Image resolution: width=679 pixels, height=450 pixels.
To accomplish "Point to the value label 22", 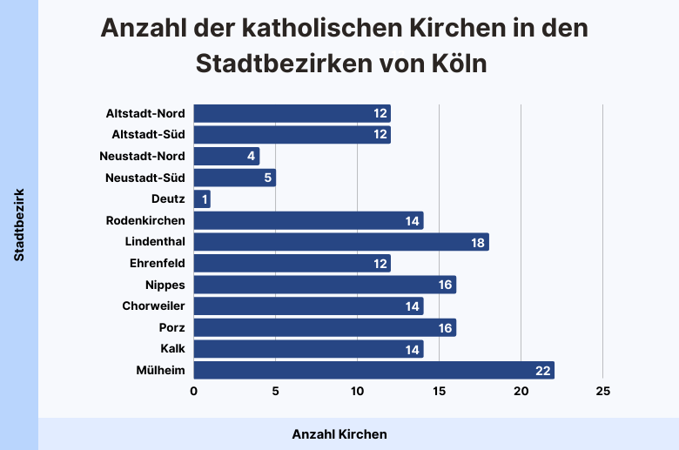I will click(x=543, y=371).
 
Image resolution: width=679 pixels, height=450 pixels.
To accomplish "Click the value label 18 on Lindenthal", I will click(x=478, y=242).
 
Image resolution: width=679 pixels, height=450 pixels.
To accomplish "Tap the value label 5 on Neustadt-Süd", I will click(x=268, y=178).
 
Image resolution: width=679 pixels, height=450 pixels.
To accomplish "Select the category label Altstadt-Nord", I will click(x=145, y=113).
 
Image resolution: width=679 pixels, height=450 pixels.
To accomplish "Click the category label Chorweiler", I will click(x=154, y=306).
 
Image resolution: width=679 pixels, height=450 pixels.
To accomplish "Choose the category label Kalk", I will click(x=172, y=349).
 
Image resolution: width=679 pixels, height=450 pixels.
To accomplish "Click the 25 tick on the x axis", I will click(x=602, y=392).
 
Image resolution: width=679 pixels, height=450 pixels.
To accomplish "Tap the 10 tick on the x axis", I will click(x=357, y=392).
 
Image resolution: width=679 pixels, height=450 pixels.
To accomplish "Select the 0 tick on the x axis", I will click(x=194, y=392).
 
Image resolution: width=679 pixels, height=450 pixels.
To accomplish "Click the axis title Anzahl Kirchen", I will click(x=339, y=433).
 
